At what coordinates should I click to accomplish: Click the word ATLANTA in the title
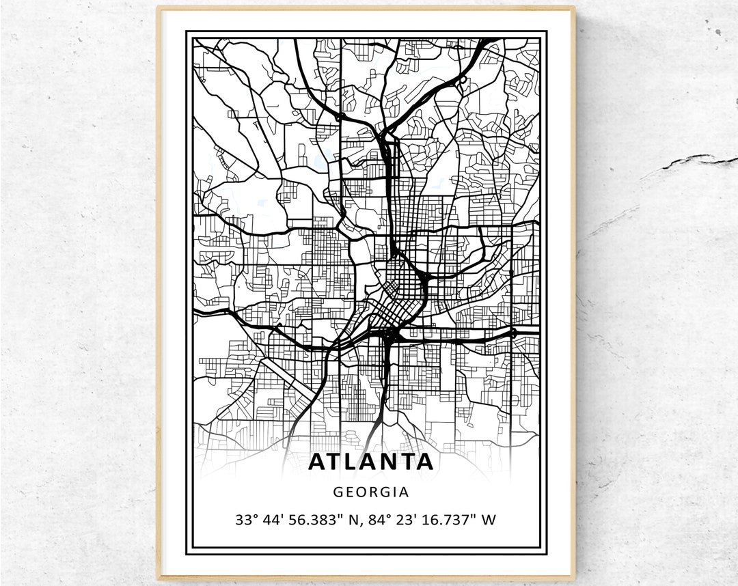[370, 462]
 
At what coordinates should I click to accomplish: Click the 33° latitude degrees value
[246, 520]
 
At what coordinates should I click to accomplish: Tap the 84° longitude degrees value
[374, 520]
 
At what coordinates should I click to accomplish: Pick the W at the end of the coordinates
[489, 520]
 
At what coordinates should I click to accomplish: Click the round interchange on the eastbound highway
[512, 333]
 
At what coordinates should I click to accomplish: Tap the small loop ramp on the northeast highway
[463, 81]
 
